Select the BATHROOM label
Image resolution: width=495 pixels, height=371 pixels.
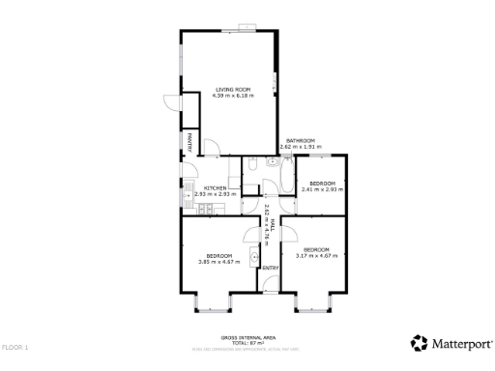coord(299,140)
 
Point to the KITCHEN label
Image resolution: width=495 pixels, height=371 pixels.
coord(215,188)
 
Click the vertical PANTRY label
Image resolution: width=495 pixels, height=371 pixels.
coord(189,141)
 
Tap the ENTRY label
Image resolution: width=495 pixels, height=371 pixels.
coord(271,267)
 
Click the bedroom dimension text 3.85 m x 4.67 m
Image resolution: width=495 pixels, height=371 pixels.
coord(218,261)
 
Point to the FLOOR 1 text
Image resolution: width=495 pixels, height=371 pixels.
coord(15,346)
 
